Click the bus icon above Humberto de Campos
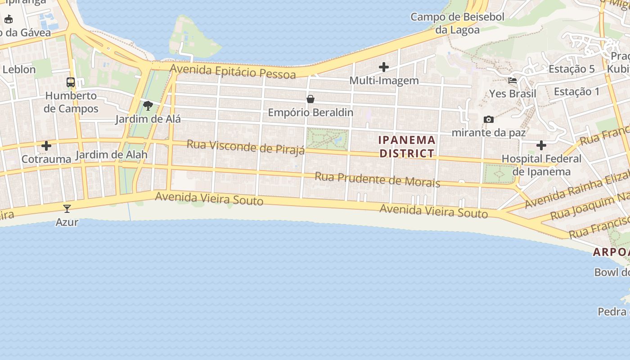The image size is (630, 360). tap(71, 82)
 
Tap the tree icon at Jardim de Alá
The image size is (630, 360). tap(148, 106)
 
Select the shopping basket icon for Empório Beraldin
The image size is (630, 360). tap(310, 99)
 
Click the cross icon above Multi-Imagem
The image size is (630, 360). tap(384, 67)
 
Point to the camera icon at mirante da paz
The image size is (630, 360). tap(488, 119)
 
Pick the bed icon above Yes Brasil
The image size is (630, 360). tap(513, 81)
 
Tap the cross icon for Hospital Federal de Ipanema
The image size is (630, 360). tap(541, 145)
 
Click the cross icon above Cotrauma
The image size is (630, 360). tap(46, 146)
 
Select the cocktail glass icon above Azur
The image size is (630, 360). tap(67, 208)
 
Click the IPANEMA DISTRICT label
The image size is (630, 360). tap(407, 147)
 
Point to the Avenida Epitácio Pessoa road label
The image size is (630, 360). tap(233, 72)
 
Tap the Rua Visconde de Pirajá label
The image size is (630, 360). tap(246, 147)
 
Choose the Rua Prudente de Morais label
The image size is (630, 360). tap(377, 179)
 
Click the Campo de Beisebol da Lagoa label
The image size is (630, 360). tap(457, 23)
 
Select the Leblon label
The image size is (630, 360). tap(19, 69)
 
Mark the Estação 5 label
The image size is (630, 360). tap(571, 69)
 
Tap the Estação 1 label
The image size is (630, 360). tap(576, 92)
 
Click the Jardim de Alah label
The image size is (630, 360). tap(112, 155)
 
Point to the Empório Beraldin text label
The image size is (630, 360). tap(310, 112)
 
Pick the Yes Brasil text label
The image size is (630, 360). tap(513, 94)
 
